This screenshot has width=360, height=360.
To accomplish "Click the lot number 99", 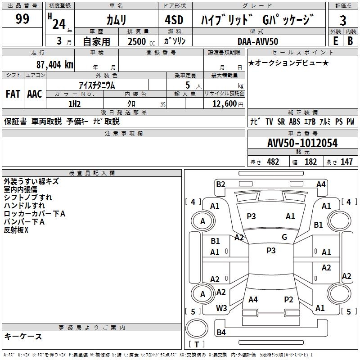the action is [22, 19].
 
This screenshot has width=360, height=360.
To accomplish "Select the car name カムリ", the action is [116, 20].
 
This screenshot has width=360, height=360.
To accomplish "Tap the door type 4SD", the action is [174, 20].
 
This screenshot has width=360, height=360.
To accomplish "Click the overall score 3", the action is [343, 20].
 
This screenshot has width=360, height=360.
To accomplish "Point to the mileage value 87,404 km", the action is [54, 65].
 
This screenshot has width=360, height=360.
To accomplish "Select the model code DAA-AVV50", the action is [258, 41].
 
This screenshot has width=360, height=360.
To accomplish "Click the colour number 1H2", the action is [74, 104].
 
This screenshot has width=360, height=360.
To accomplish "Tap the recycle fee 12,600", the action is [224, 104].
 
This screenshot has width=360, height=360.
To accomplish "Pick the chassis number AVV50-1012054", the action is [302, 143].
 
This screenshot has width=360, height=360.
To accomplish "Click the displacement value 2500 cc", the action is [141, 41].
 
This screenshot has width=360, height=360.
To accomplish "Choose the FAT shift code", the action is [13, 94].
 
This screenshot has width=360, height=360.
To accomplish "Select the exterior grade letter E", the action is [335, 41].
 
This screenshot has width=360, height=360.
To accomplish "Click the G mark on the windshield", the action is [284, 237].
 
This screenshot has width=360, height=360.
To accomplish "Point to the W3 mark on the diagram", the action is [221, 308].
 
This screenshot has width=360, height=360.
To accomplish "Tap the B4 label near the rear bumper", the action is [221, 332].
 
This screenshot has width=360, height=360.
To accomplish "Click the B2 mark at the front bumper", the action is [220, 184].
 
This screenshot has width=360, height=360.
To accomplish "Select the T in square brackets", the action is [197, 344].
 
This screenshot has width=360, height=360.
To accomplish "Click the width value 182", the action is [310, 162].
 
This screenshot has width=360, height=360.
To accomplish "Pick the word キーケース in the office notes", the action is [23, 336].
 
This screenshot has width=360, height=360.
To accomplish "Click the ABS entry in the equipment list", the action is [295, 121].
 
